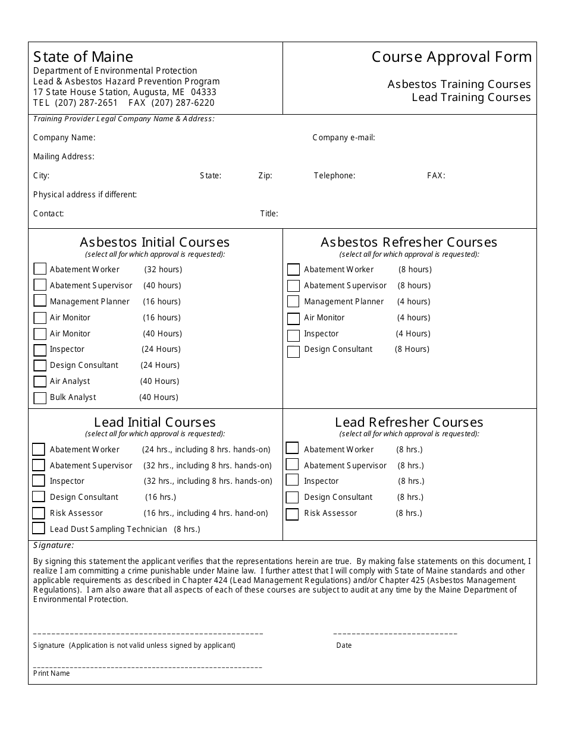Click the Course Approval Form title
point(451,57)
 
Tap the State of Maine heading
point(83,57)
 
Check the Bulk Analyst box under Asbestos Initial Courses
point(40,398)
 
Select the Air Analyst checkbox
point(40,382)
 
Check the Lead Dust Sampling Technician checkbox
point(39,528)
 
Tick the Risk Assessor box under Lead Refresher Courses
point(292,513)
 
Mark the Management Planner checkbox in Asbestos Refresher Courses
point(293,302)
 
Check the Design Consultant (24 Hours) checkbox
point(40,366)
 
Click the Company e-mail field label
point(343,138)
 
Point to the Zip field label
point(265,176)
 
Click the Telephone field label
point(334,176)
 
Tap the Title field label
point(269,214)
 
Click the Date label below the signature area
point(344,645)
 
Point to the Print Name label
point(52,673)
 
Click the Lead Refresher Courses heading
point(409,423)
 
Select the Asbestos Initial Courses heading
point(155,242)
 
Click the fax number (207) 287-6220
point(183,103)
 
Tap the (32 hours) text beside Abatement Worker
point(163,270)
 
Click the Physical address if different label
point(85,195)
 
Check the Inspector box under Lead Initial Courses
point(39,481)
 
